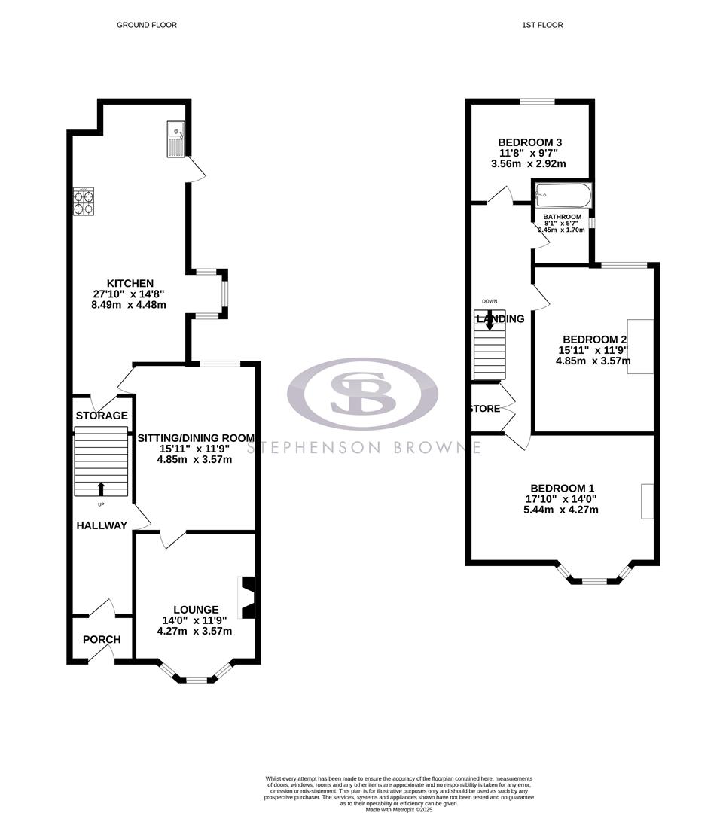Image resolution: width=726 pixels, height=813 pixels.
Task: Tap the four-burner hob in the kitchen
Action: point(83,202)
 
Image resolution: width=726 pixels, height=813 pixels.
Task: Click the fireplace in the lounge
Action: point(247,598)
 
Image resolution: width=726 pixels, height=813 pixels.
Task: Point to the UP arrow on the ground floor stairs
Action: point(101,488)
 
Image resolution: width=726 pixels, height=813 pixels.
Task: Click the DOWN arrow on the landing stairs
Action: point(490,321)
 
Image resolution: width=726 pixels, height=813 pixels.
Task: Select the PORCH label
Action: point(101,640)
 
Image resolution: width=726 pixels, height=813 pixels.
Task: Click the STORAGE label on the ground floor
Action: point(102,416)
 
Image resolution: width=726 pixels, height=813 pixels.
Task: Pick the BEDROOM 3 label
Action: point(530,142)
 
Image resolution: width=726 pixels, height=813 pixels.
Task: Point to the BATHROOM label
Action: point(563,217)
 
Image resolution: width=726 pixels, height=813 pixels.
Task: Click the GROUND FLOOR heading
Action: point(147,25)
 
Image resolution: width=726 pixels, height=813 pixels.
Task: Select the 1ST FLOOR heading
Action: point(542,25)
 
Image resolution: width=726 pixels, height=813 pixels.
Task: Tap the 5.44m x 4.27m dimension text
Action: point(562,510)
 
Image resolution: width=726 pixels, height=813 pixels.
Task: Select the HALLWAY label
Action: point(102,525)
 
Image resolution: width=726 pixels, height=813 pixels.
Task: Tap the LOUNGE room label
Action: point(196,609)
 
